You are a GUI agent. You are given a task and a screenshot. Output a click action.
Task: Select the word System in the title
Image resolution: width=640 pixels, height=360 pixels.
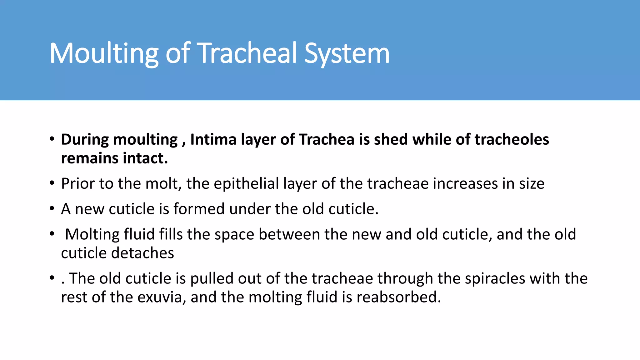click(x=347, y=54)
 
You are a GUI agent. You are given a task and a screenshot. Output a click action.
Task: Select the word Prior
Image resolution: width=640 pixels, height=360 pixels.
click(x=78, y=183)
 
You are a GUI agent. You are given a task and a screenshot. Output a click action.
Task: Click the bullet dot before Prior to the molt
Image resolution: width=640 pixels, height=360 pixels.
click(x=52, y=183)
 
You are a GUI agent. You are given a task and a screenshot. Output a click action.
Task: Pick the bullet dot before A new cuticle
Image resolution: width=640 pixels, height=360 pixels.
click(x=52, y=209)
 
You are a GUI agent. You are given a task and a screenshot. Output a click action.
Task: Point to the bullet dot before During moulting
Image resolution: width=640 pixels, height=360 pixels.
click(x=52, y=139)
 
